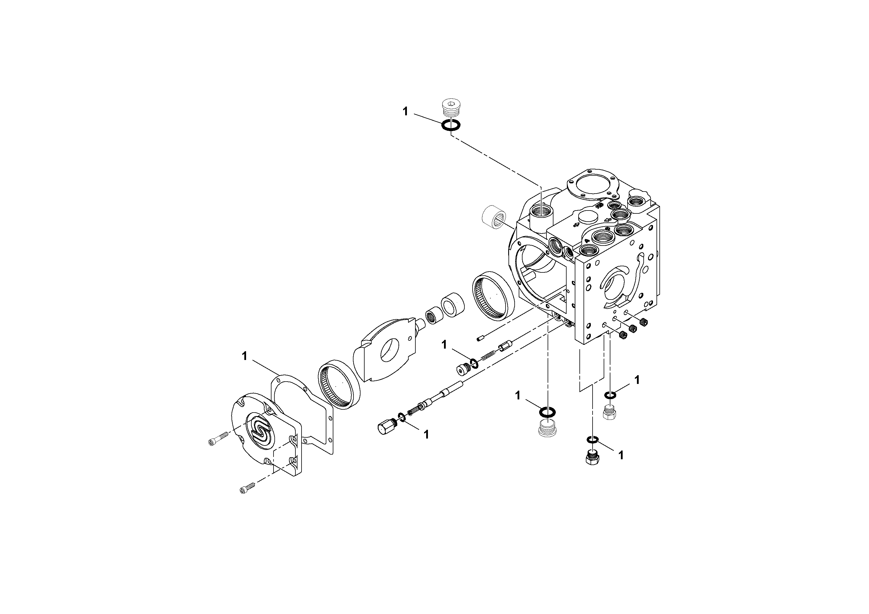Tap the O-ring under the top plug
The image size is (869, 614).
[451, 125]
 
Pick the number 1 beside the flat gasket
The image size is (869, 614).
[245, 356]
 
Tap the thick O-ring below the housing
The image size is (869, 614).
[547, 411]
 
